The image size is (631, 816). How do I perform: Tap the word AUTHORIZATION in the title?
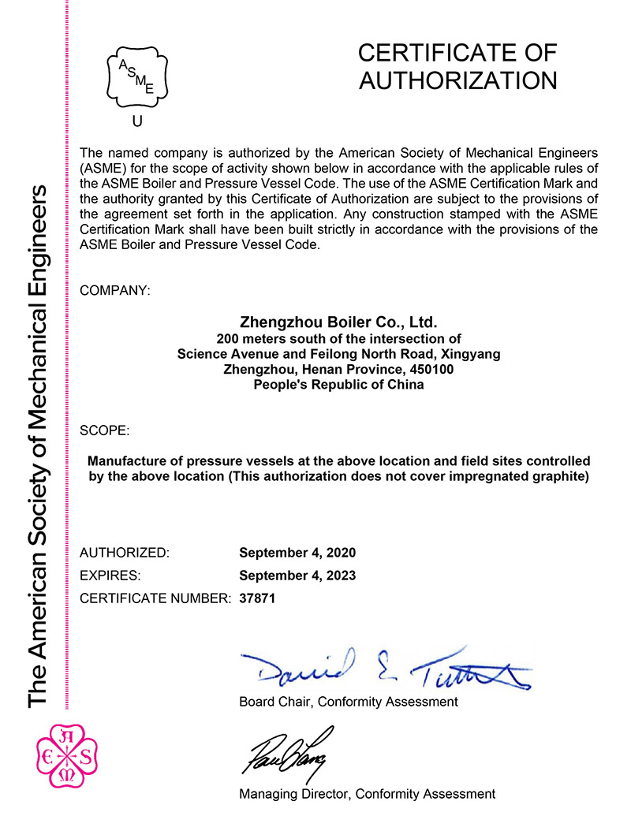(x=457, y=80)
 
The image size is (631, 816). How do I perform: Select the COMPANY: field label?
(x=115, y=291)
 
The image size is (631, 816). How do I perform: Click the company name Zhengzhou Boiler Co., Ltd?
(x=338, y=322)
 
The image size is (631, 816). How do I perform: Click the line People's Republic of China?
(x=338, y=385)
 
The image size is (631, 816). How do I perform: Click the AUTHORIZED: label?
(x=125, y=553)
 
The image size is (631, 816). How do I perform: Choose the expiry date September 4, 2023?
(x=297, y=576)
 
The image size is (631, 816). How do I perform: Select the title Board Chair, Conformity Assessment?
(x=348, y=701)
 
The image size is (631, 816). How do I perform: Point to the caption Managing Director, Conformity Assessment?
(x=367, y=794)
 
